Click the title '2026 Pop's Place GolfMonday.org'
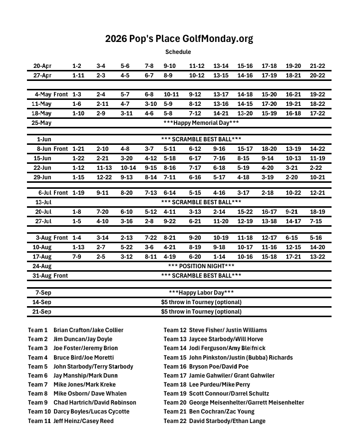[x=179, y=39]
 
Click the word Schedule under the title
[x=178, y=52]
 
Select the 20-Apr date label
[x=42, y=66]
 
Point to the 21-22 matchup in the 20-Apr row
[x=318, y=66]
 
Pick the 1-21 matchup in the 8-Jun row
[x=78, y=149]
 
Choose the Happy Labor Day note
[x=201, y=293]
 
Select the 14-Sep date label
[x=42, y=302]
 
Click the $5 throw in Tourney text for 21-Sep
[x=201, y=312]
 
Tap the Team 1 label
[x=38, y=330]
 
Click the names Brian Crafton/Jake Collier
[x=88, y=330]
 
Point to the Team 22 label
[x=175, y=421]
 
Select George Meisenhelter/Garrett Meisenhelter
[x=246, y=403]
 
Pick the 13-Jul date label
[x=43, y=202]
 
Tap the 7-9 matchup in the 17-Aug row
[x=77, y=257]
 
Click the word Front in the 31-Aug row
[x=61, y=276]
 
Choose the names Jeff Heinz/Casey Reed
[x=83, y=421]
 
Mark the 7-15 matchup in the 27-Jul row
[x=316, y=221]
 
